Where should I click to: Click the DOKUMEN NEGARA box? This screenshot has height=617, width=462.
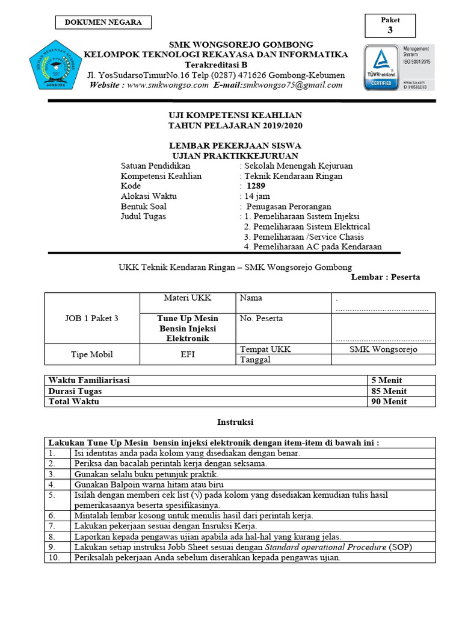(x=103, y=22)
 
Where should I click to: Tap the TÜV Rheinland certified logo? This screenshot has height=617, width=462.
(x=379, y=67)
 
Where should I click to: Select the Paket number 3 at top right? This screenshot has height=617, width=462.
(x=390, y=31)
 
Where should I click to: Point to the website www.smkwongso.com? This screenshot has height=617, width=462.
(x=167, y=85)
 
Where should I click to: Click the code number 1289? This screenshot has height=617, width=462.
(x=256, y=186)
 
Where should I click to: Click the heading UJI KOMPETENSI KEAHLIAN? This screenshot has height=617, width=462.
(x=234, y=116)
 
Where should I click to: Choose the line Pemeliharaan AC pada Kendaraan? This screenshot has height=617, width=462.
(x=313, y=247)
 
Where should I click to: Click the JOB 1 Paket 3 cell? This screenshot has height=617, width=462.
(x=91, y=319)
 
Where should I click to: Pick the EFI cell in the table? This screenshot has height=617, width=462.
(x=187, y=354)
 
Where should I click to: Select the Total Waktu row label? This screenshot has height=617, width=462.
(x=74, y=401)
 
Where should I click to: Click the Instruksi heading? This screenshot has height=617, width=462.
(x=235, y=422)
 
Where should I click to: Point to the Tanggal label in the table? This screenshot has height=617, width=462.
(x=255, y=360)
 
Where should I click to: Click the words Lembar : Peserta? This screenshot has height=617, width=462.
(x=386, y=277)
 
